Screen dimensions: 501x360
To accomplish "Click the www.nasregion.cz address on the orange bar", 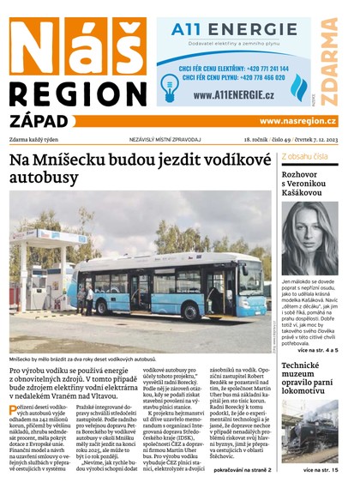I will tap(297, 121).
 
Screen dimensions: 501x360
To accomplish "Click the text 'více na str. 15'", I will tap(321, 471).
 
